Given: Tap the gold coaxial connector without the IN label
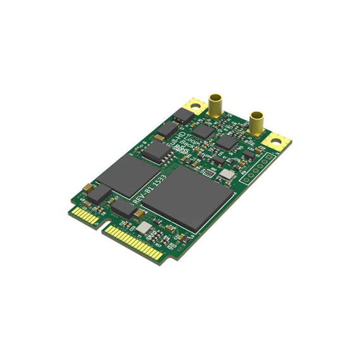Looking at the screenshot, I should point(256,121).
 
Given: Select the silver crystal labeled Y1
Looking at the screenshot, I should point(145,228).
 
